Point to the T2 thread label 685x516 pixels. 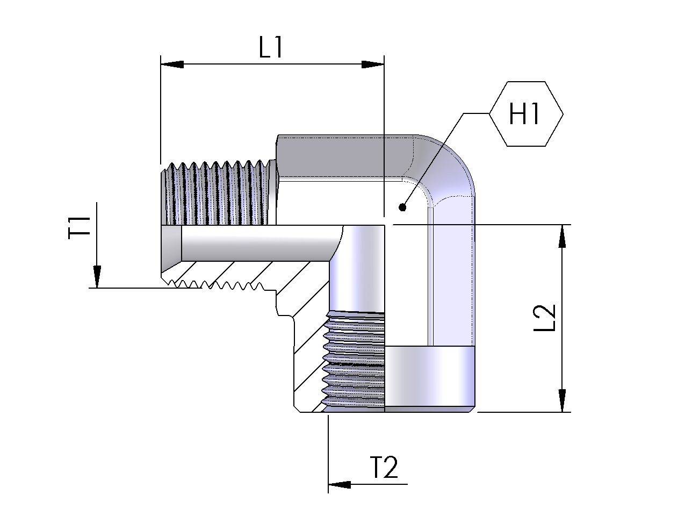point(384,467)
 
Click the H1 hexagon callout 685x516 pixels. point(526,114)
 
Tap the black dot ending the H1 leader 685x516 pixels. point(402,207)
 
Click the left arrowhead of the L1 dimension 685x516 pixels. point(172,64)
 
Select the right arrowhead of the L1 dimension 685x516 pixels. point(373,64)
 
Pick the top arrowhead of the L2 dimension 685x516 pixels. point(562,236)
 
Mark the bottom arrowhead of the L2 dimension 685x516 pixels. point(562,400)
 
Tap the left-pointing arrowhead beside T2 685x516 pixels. point(339,484)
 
